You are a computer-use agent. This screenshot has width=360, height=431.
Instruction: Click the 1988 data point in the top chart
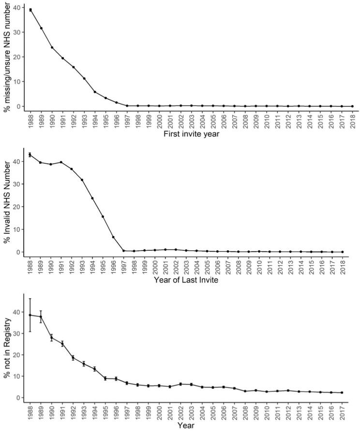coord(30,10)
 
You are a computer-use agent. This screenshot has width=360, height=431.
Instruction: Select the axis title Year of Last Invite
coord(186,279)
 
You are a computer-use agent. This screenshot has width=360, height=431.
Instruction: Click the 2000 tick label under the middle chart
coord(155,266)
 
